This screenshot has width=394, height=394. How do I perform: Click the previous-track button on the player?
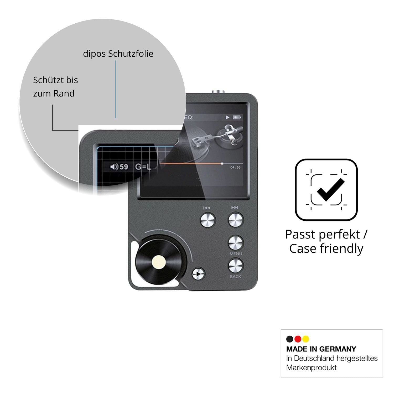[208, 220]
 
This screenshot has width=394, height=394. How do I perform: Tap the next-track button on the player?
[236, 220]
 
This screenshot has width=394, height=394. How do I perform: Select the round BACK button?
[236, 266]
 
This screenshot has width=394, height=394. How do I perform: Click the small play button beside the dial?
[198, 274]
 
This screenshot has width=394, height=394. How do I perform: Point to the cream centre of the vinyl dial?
[159, 263]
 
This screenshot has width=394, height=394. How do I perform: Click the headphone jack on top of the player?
[218, 92]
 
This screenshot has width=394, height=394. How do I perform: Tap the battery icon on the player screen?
[237, 117]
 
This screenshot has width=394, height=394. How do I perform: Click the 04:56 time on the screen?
[235, 167]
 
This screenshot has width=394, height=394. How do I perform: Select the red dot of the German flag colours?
[298, 339]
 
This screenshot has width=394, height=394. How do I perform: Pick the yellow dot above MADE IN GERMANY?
[305, 339]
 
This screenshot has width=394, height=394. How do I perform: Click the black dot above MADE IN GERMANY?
[290, 339]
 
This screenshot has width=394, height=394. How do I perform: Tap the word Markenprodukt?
[312, 367]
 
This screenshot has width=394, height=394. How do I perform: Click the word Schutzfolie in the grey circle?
[131, 54]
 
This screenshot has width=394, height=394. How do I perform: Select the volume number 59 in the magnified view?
[124, 167]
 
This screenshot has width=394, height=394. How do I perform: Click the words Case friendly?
[326, 248]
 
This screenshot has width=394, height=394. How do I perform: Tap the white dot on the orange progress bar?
[222, 164]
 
